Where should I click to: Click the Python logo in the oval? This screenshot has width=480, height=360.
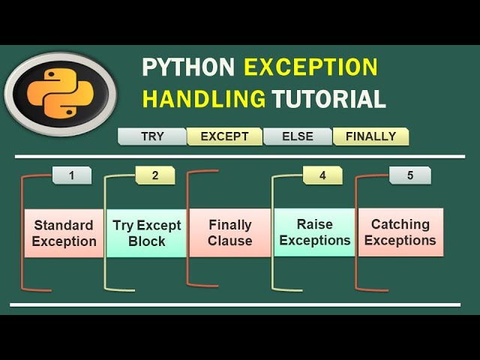[x=60, y=94]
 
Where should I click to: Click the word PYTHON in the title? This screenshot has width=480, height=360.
[x=188, y=67]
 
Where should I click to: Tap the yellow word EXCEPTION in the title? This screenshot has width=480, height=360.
[x=310, y=67]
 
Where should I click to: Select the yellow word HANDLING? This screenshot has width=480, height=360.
[x=204, y=98]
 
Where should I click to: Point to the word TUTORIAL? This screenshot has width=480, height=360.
[x=328, y=98]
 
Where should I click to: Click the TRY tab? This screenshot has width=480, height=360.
[x=152, y=136]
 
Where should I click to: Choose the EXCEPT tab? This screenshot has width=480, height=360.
[x=224, y=136]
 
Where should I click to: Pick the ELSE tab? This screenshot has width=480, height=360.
[x=297, y=136]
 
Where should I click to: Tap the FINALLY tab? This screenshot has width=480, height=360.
[x=370, y=136]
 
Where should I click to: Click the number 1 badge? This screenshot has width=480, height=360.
[x=72, y=175]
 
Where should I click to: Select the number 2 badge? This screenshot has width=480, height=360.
[x=155, y=175]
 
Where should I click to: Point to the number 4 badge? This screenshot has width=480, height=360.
[x=322, y=175]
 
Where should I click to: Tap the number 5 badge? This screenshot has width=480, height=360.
[x=410, y=175]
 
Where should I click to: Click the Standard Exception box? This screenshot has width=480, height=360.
[x=64, y=233]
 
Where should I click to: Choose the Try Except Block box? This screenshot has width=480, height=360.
[x=147, y=233]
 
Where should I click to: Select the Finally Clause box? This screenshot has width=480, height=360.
[x=230, y=232]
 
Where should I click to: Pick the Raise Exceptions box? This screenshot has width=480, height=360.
[x=314, y=232]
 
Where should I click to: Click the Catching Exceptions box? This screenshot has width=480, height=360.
[x=400, y=232]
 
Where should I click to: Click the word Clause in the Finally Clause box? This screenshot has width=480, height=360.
[x=230, y=241]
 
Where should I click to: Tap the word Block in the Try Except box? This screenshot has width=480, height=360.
[x=147, y=241]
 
